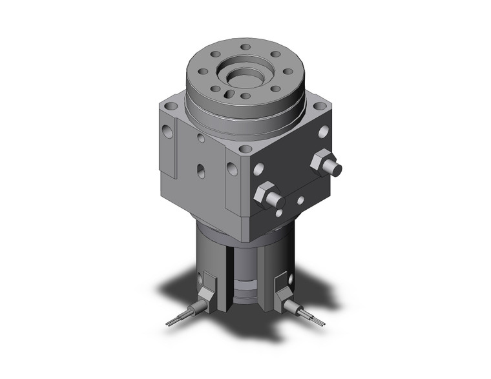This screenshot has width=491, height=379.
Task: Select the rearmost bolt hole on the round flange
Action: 245,46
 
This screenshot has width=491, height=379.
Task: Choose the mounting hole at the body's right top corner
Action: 319,104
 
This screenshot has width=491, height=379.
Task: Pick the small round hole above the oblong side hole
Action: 202,138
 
